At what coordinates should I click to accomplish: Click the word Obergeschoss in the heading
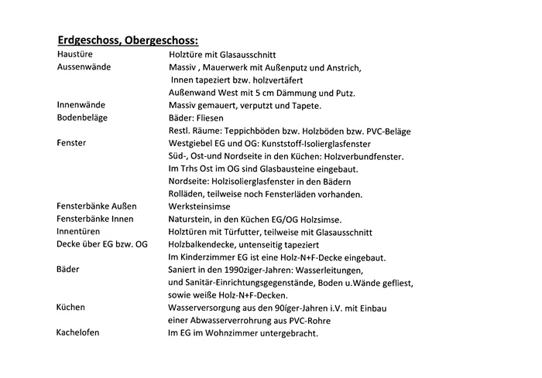pyautogui.click(x=163, y=39)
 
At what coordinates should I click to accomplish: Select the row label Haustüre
pyautogui.click(x=76, y=55)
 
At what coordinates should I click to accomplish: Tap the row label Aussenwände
pyautogui.click(x=84, y=67)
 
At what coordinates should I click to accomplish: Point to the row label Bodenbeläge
pyautogui.click(x=82, y=117)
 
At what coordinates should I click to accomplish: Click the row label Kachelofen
pyautogui.click(x=78, y=332)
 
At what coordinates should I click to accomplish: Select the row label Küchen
pyautogui.click(x=71, y=307)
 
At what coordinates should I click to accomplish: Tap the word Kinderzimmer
pyautogui.click(x=212, y=257)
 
